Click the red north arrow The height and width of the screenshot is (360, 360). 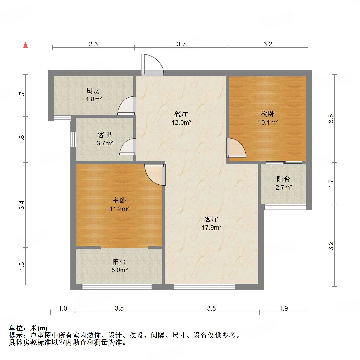25,45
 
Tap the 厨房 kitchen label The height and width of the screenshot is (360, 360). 93,91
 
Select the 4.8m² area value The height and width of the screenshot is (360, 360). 94,99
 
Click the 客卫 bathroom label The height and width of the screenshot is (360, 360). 105,135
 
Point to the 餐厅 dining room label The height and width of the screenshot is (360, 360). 181,114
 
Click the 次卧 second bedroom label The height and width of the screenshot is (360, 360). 268,114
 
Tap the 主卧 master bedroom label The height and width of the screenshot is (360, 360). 119,200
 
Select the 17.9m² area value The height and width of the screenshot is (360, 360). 211,227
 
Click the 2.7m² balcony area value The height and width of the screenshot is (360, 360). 283,188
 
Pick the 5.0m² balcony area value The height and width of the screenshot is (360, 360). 119,270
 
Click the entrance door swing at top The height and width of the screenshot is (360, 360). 152,65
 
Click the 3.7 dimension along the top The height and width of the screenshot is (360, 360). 181,44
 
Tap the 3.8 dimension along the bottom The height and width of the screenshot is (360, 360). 211,308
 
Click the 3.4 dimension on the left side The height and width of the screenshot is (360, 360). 22,205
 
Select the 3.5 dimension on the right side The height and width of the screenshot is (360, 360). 331,118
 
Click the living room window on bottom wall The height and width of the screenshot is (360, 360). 204,287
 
